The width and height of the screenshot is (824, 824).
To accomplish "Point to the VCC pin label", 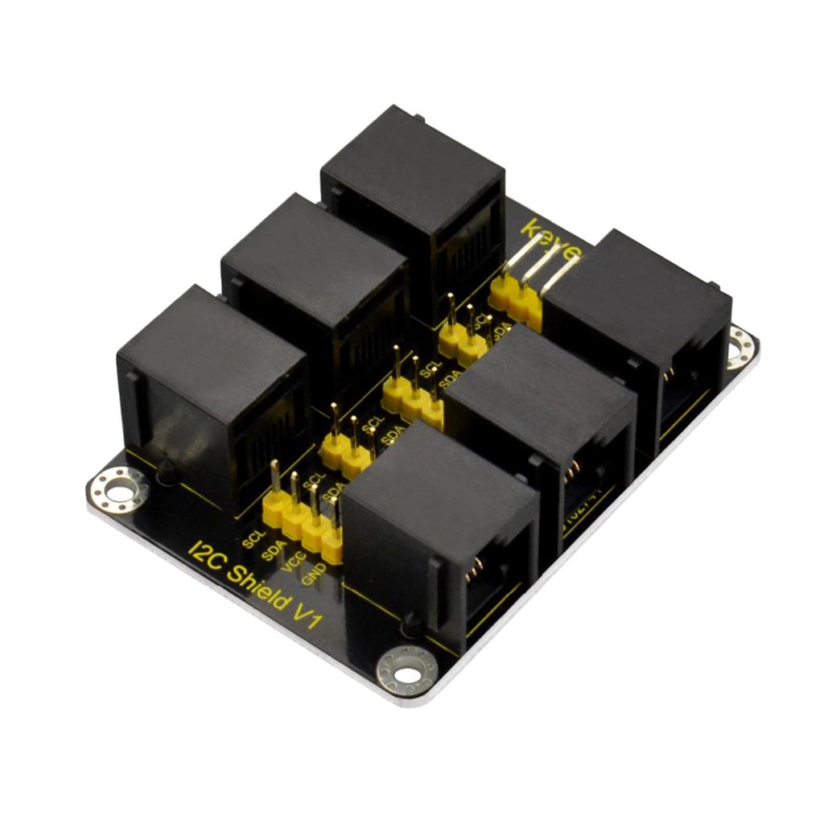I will coord(295,562).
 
